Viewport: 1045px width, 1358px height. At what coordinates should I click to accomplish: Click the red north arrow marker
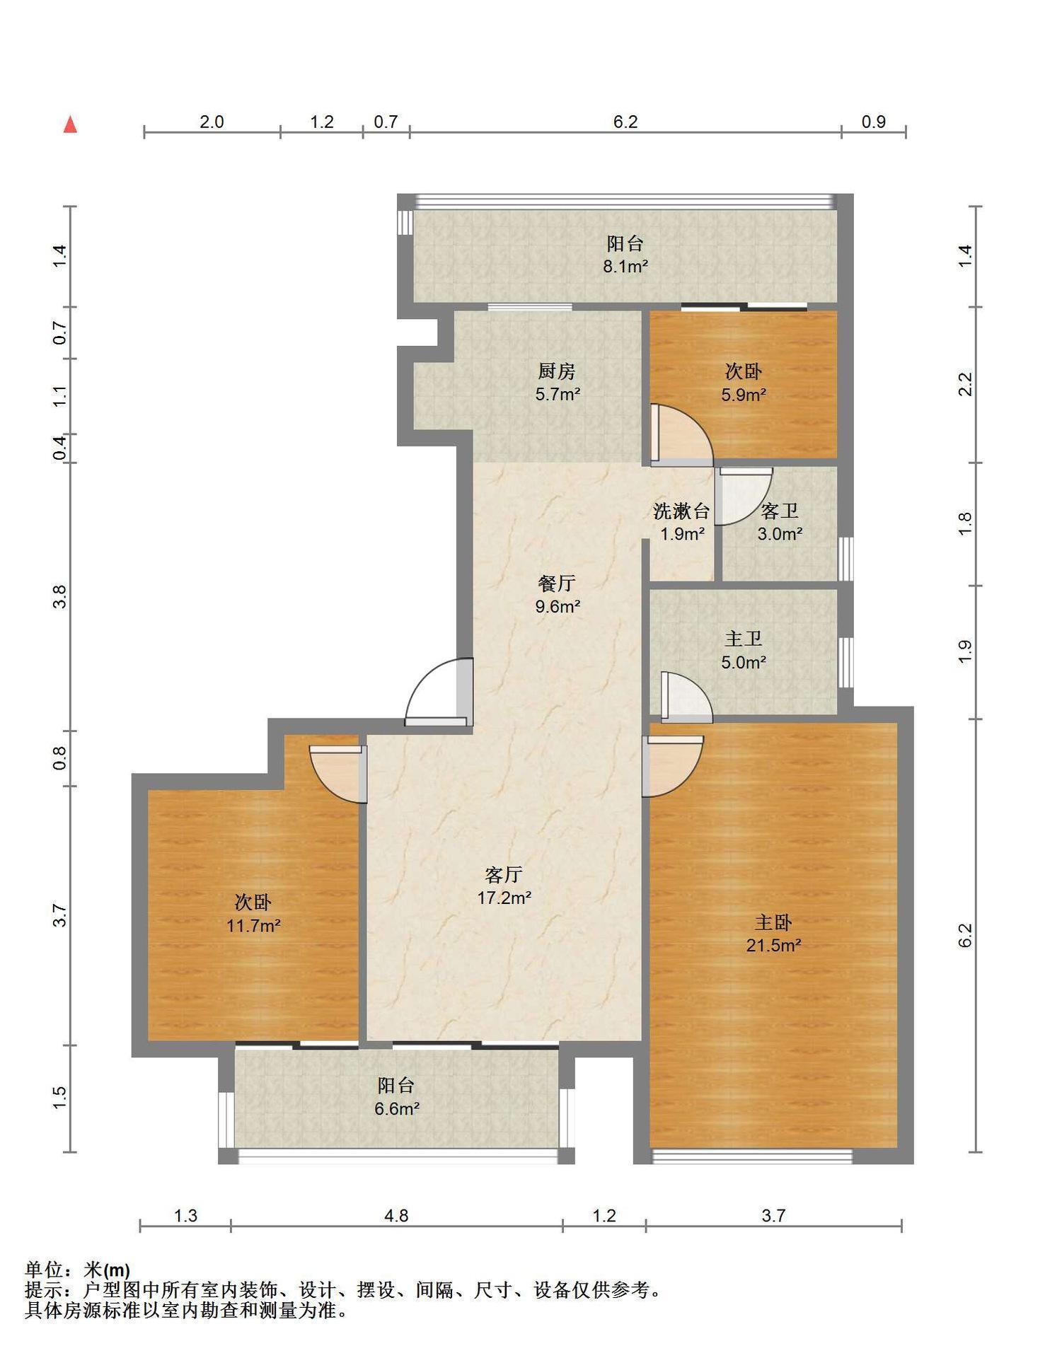[70, 124]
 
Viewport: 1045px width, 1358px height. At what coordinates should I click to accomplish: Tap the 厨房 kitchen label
[557, 371]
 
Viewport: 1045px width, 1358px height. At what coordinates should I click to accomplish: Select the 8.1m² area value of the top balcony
[625, 267]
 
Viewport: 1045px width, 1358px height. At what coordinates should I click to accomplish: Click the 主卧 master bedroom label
[773, 922]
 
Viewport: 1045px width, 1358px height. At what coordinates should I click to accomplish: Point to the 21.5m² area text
[773, 945]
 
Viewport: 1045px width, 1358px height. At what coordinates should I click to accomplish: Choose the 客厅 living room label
[504, 875]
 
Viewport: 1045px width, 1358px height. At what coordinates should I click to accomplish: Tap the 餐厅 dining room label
[557, 584]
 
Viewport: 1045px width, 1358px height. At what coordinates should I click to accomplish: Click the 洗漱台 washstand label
[681, 511]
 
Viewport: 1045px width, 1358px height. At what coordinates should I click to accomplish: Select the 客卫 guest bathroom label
[780, 511]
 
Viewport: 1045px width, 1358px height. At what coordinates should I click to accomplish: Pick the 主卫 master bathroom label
[744, 639]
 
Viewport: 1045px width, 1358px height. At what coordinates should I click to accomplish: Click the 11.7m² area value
[253, 925]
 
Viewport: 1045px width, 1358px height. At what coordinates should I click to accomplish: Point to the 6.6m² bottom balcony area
[397, 1108]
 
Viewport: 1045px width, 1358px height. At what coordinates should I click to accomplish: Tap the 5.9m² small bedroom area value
[744, 394]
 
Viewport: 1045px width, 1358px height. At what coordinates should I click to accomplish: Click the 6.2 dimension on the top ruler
[625, 122]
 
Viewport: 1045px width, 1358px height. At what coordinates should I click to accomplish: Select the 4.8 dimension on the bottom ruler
[396, 1215]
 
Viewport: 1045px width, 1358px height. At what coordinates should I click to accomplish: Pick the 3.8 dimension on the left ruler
[60, 597]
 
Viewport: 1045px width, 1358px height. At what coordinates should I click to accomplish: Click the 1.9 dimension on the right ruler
[965, 651]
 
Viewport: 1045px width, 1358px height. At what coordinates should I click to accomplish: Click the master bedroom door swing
[673, 766]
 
